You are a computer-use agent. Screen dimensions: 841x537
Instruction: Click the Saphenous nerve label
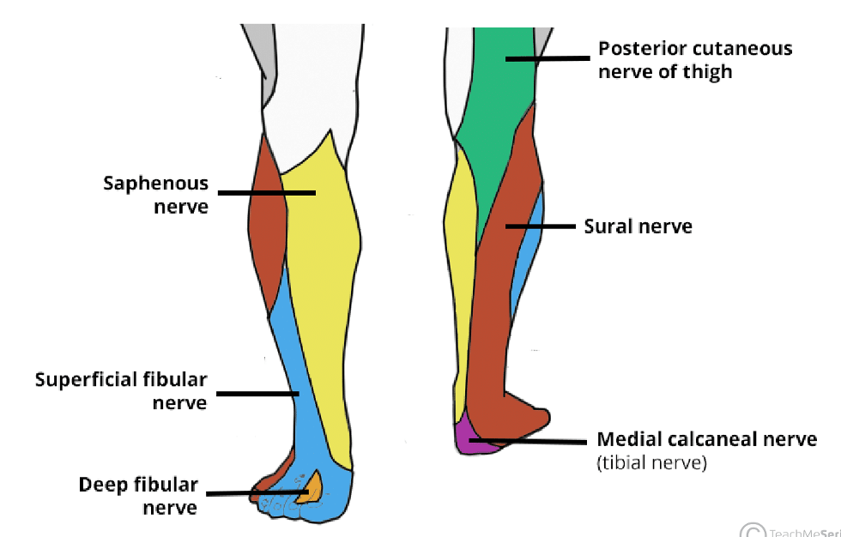point(156,195)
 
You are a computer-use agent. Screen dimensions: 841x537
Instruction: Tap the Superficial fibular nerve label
point(121,390)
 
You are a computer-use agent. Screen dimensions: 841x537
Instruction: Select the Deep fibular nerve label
point(138,496)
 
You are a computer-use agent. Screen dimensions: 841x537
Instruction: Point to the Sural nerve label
point(638,226)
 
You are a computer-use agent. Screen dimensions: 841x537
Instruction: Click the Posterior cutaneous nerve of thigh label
point(695,59)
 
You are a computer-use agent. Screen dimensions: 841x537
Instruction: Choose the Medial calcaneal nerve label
point(706,440)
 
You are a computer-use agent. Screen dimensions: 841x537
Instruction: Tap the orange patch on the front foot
point(310,489)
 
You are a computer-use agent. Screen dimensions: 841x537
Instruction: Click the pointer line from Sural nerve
point(540,226)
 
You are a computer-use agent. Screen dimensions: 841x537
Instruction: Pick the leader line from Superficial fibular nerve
point(257,394)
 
